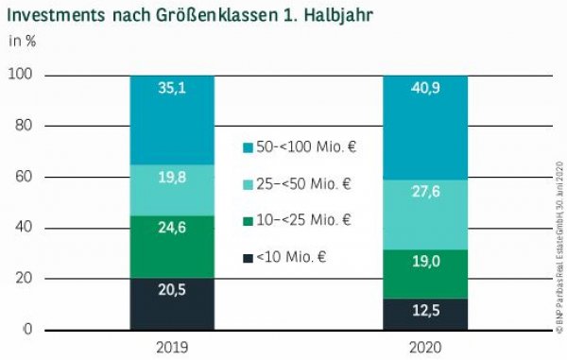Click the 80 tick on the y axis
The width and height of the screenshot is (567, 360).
[25, 126]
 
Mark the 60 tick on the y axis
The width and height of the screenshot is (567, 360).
[25, 177]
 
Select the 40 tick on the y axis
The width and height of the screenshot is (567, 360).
[25, 228]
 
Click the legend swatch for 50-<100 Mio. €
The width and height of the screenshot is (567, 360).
[248, 147]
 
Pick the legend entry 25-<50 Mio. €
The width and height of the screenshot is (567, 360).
[304, 183]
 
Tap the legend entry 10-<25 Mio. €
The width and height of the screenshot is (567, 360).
[304, 220]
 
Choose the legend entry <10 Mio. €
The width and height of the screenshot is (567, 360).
[289, 257]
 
